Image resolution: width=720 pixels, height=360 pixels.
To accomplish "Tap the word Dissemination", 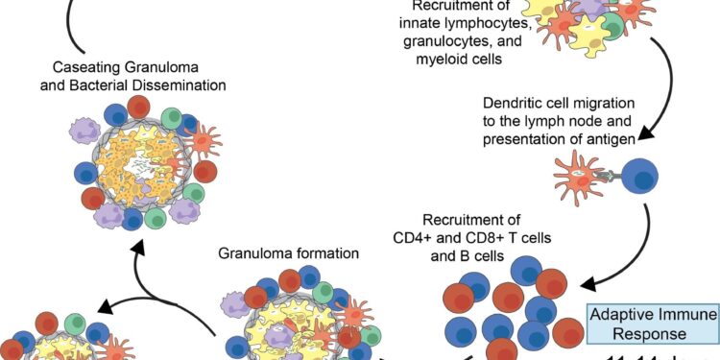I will coord(180,85).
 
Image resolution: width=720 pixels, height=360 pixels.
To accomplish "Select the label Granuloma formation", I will coord(287,254).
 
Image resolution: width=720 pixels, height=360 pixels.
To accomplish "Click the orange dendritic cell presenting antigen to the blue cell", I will coord(582,177).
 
